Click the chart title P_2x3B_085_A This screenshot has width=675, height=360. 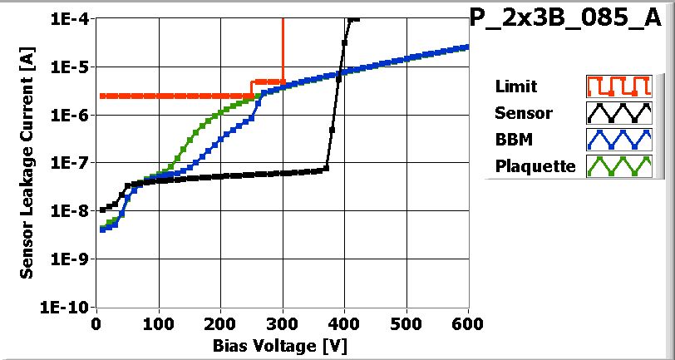coord(570,20)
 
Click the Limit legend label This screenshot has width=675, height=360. coord(515,86)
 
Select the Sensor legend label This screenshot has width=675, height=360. coord(523,113)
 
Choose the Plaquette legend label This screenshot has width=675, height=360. coord(535,165)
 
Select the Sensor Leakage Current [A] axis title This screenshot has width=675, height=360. coord(27,163)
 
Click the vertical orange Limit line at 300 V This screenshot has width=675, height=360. coord(283,50)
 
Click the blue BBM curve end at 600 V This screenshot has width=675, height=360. coord(467,47)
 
